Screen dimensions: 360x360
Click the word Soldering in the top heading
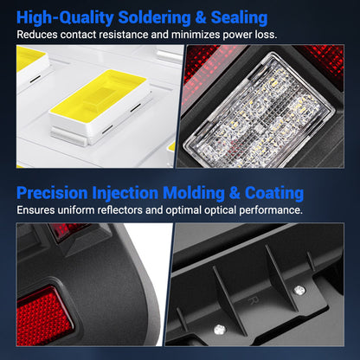tap(154, 17)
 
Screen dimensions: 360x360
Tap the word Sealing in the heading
tap(239, 17)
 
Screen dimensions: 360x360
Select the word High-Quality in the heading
tap(65, 17)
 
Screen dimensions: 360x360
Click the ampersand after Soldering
tap(201, 17)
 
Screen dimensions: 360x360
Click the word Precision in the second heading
tap(52, 193)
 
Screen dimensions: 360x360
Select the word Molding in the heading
tap(194, 193)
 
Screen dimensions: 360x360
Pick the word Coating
tap(274, 193)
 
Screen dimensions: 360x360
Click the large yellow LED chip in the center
tap(100, 106)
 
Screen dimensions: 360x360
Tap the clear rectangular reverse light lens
tap(261, 111)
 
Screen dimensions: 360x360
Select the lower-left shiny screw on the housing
tap(220, 330)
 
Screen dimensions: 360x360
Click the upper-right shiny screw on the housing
tap(299, 290)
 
